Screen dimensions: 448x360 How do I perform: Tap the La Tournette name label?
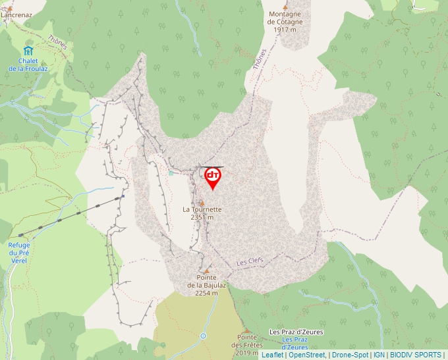pos(202,209)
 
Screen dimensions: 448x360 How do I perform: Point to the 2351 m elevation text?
pos(202,217)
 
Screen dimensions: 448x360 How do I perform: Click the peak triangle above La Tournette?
pos(202,203)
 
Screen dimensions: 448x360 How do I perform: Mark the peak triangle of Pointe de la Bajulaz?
pos(206,271)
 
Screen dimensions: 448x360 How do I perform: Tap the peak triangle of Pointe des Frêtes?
pos(246,331)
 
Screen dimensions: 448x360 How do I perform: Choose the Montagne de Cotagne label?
pos(285,22)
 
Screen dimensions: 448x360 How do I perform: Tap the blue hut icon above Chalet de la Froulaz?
pos(28,51)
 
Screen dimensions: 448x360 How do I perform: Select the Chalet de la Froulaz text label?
pos(28,64)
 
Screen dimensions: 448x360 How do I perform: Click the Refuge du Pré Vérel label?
pos(19,252)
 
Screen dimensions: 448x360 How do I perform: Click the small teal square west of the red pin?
pos(171,173)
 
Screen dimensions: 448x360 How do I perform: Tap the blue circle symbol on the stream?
pos(204,336)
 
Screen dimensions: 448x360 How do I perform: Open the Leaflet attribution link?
pos(272,355)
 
